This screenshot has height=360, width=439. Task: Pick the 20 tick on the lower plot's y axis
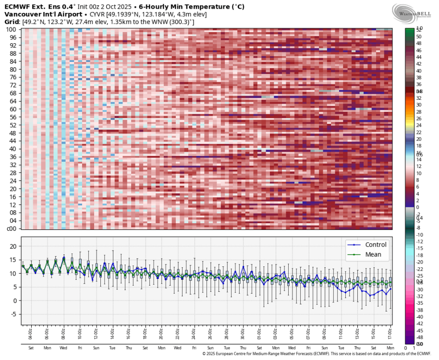pyautogui.click(x=14, y=246)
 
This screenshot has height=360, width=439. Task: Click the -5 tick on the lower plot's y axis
pyautogui.click(x=14, y=314)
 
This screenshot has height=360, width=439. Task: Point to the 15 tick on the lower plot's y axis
pyautogui.click(x=14, y=260)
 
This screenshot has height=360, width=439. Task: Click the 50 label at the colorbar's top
pyautogui.click(x=419, y=36)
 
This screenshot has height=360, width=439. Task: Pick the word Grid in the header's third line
pyautogui.click(x=12, y=22)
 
